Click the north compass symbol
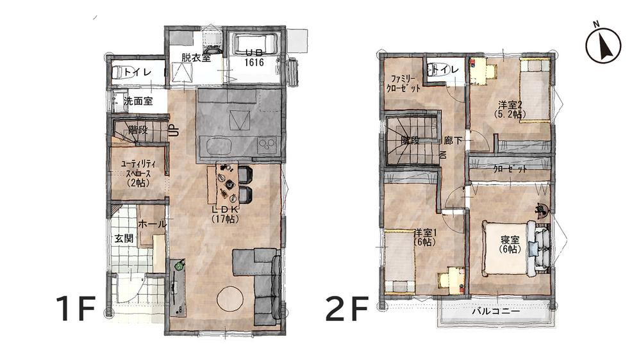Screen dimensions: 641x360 [x=603, y=44]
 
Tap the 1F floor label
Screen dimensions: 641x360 [x=76, y=309]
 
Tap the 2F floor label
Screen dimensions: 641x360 [x=347, y=309]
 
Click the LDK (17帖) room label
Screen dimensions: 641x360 [x=225, y=214]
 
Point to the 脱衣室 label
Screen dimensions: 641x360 [x=196, y=58]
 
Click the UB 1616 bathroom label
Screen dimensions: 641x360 [x=254, y=58]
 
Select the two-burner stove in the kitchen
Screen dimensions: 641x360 [x=266, y=144]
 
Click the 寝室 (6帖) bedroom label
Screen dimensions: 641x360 [x=510, y=243]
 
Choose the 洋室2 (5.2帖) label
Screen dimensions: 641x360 [x=510, y=109]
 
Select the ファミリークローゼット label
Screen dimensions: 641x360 [x=403, y=83]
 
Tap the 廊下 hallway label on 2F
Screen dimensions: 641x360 [x=453, y=140]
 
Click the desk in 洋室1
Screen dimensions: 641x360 [x=451, y=280]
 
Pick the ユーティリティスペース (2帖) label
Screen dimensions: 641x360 [x=138, y=173]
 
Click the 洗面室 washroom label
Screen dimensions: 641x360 [x=138, y=101]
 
